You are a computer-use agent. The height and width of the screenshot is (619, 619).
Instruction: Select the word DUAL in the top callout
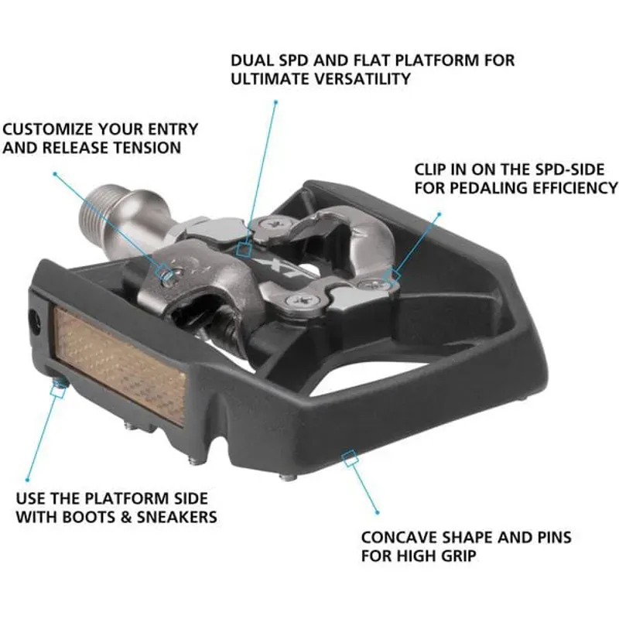(251, 60)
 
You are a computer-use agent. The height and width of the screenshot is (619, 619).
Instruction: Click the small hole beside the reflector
(35, 322)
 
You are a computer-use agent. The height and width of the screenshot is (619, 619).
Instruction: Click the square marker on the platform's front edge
(350, 458)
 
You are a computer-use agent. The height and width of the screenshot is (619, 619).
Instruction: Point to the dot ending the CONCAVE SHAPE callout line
(378, 513)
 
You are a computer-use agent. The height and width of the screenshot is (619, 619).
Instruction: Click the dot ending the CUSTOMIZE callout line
(53, 173)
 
